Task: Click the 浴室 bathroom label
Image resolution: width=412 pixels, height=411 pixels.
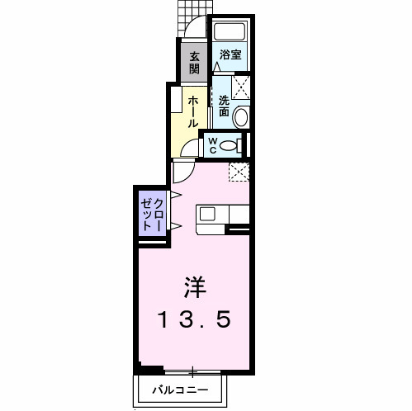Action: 230,56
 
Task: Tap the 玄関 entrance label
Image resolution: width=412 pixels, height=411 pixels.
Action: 194,64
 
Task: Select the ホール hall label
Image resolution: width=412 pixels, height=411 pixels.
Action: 192,111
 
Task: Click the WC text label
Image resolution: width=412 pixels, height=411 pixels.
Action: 211,146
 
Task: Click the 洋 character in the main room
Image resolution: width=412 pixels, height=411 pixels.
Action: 195,286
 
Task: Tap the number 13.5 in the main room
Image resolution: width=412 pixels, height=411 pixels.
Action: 195,319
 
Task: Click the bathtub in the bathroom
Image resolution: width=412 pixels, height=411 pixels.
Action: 230,34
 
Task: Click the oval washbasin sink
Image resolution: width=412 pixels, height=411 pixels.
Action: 240,116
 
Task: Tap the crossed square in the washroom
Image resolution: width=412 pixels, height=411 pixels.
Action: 241,87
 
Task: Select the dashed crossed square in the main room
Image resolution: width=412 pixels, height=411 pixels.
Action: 239,172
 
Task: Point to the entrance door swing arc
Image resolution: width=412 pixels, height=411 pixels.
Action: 193,29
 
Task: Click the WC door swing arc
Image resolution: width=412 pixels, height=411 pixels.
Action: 189,149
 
